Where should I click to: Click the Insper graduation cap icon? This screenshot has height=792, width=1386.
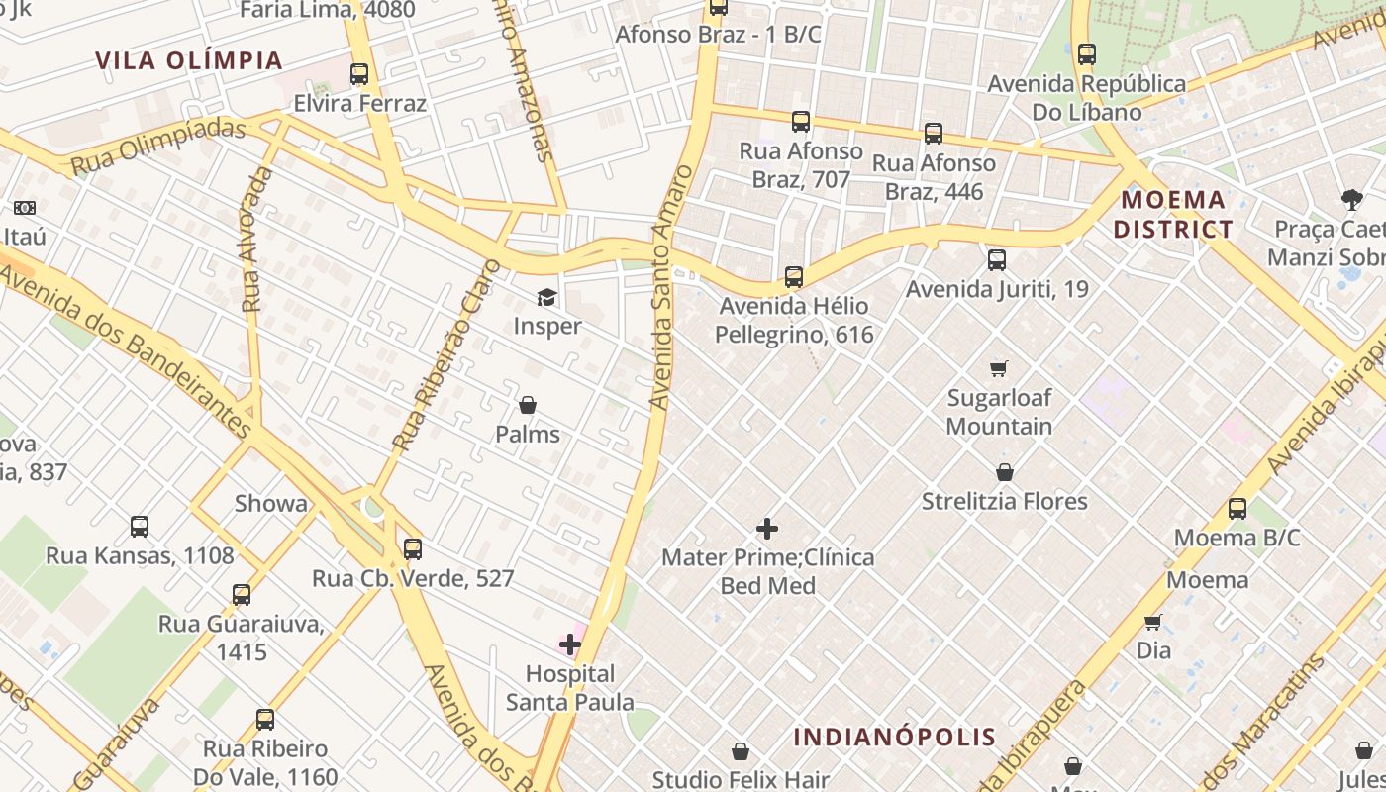(x=546, y=297)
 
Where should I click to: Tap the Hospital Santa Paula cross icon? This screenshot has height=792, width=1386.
(x=570, y=645)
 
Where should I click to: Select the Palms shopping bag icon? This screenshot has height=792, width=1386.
(x=528, y=405)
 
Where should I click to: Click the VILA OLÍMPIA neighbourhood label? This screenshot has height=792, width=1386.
(x=189, y=60)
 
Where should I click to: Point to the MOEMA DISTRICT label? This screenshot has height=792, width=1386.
(x=1173, y=215)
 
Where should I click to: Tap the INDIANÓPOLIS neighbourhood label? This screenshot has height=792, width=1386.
(x=895, y=737)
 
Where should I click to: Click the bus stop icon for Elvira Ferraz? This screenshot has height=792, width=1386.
(x=359, y=74)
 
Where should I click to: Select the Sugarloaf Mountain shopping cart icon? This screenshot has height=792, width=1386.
(x=999, y=368)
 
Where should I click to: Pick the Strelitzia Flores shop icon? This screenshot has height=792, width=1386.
(x=1005, y=472)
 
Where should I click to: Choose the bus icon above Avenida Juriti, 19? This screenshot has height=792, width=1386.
(x=997, y=260)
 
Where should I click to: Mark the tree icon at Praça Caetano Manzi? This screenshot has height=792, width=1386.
(x=1351, y=200)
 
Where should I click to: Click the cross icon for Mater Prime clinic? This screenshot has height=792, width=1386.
(x=767, y=529)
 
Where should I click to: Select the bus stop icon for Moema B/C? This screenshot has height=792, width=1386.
(x=1237, y=509)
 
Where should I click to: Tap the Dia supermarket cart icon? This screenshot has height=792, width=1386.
(x=1152, y=622)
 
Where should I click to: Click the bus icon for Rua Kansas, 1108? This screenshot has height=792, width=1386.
(x=140, y=527)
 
